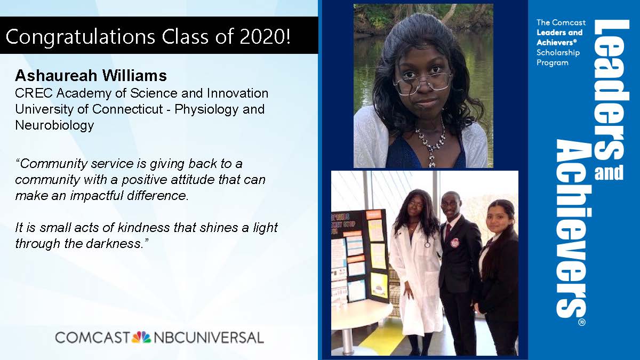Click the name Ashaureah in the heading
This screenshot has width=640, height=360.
pos(56,75)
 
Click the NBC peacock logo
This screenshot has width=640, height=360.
pos(141,337)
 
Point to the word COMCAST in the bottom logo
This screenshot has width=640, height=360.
pos(93,338)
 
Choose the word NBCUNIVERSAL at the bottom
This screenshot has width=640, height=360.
pos(209,338)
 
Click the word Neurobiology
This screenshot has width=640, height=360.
pos(54,126)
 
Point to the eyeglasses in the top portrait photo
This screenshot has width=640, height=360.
pos(422,83)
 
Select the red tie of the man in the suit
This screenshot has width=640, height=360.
pos(448,231)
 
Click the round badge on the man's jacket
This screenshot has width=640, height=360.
pos(454,242)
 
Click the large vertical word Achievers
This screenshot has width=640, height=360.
pos(571,229)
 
